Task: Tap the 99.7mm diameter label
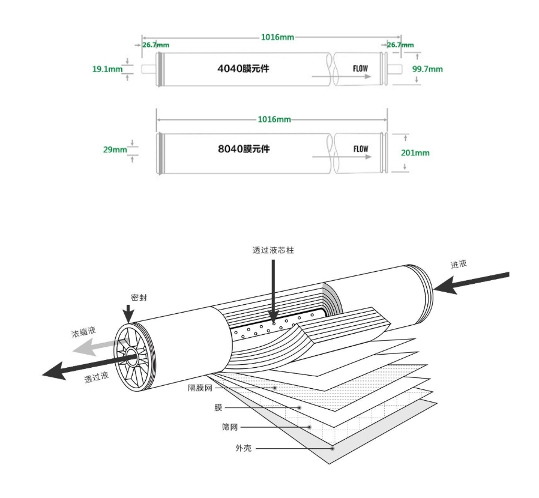[x=427, y=69]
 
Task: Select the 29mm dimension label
[x=115, y=150]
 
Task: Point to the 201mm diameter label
[x=415, y=152]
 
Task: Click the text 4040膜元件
[x=243, y=68]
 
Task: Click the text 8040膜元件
[x=244, y=149]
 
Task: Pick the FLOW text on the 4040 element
[x=360, y=68]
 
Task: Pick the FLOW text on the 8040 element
[x=360, y=149]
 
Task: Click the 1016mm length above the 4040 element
[x=277, y=37]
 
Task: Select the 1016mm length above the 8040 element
[x=274, y=119]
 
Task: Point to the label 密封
[x=139, y=297]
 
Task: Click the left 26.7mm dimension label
[x=155, y=45]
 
